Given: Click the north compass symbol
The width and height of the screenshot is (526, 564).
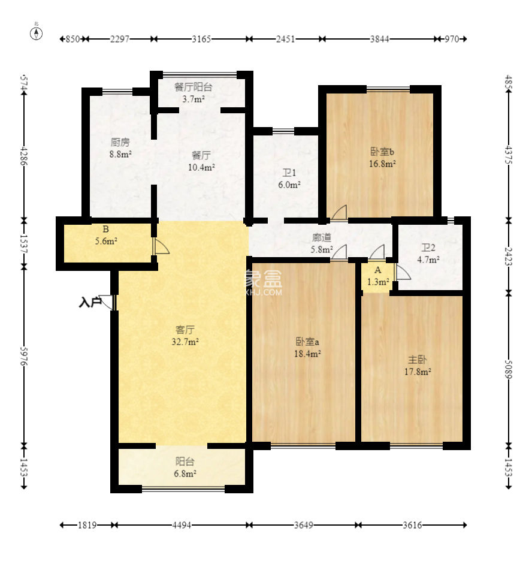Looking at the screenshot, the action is coord(36,33).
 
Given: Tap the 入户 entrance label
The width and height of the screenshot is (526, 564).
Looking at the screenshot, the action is coord(89,303).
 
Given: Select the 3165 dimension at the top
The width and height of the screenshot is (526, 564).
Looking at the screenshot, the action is coord(201,39).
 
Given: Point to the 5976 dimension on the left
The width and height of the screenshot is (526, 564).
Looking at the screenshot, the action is coord(24,357).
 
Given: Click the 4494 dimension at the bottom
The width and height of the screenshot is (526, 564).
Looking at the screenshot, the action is coord(182,525).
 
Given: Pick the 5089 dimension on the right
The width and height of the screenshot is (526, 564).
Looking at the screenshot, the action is coord(509,369).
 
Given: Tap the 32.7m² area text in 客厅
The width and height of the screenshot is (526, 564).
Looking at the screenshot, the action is coord(185,342).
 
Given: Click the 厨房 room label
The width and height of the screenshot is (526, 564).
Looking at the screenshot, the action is coord(120,143).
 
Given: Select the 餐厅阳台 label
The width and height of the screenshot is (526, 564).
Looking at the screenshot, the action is coord(193,87).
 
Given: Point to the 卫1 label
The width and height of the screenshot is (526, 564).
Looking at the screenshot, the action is coord(289,173).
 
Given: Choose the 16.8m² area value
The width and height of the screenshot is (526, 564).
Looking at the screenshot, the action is coord(382,164).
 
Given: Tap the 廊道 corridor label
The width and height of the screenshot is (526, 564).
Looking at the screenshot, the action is coord(322,237).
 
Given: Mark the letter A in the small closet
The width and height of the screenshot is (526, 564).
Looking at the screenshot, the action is coord(378,270).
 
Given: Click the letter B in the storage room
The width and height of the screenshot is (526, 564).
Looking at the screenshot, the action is coord(105,229).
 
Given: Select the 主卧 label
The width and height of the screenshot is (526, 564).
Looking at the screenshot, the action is coord(417,360).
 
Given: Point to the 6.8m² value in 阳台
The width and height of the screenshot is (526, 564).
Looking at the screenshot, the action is coord(185,473).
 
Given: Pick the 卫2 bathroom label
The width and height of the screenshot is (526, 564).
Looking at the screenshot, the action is coord(428,248).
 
